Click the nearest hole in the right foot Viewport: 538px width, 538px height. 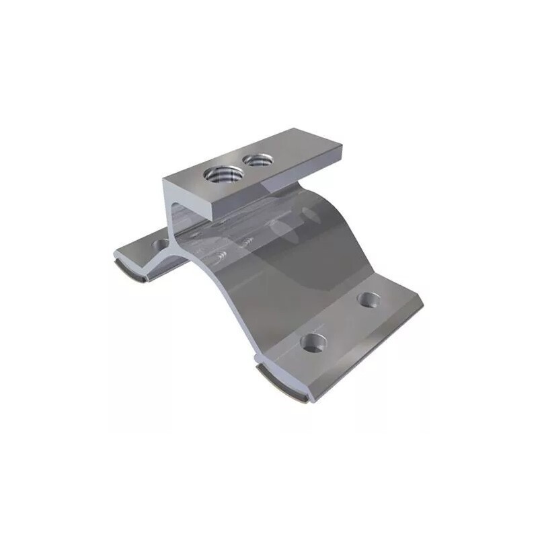click(x=311, y=344)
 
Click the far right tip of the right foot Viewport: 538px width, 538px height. click(x=422, y=305)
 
